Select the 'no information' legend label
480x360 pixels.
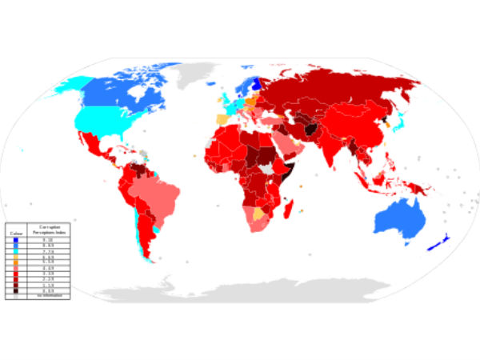coord(49,296)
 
